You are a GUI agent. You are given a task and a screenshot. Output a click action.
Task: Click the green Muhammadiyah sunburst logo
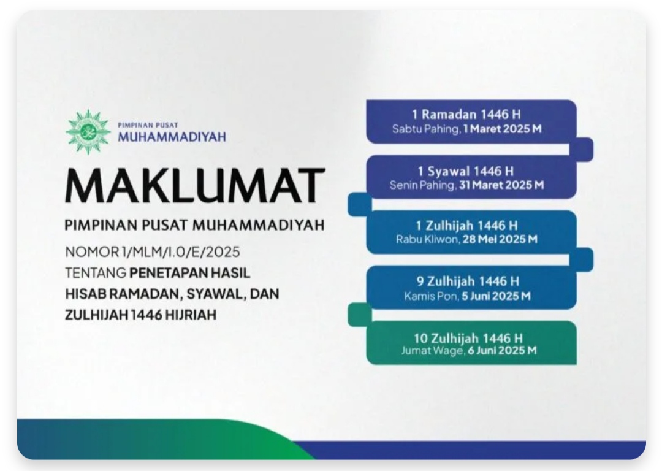point(88,132)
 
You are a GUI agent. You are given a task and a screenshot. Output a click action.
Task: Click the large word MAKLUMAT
point(195,186)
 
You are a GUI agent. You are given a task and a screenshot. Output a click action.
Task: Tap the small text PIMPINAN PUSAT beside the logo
point(148,125)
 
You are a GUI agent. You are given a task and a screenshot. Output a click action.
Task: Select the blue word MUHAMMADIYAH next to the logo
point(172,137)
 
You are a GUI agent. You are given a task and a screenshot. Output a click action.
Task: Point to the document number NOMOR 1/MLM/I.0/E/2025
point(153,252)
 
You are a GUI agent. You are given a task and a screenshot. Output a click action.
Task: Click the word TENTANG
point(96,273)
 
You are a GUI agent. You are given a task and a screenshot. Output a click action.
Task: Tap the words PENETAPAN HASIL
point(190,273)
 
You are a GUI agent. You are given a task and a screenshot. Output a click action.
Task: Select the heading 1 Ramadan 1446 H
point(466,115)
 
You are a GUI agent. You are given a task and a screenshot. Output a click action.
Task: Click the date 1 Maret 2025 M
point(502,129)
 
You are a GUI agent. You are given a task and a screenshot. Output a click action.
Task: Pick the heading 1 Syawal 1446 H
point(466,171)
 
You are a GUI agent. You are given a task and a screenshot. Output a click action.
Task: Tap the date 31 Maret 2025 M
point(501,185)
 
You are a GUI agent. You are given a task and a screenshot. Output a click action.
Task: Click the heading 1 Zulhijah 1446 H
point(466,226)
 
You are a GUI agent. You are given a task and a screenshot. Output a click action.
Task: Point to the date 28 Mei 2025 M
point(500,240)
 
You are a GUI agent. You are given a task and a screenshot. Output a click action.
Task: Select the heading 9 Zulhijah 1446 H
point(468,281)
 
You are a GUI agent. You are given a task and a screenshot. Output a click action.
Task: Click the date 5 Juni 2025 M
point(496,296)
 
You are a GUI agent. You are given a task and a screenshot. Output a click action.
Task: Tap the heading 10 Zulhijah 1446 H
point(468,338)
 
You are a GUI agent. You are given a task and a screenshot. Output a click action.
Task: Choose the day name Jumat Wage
point(432,351)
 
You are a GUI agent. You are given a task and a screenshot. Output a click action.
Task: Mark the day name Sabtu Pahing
point(425,129)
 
